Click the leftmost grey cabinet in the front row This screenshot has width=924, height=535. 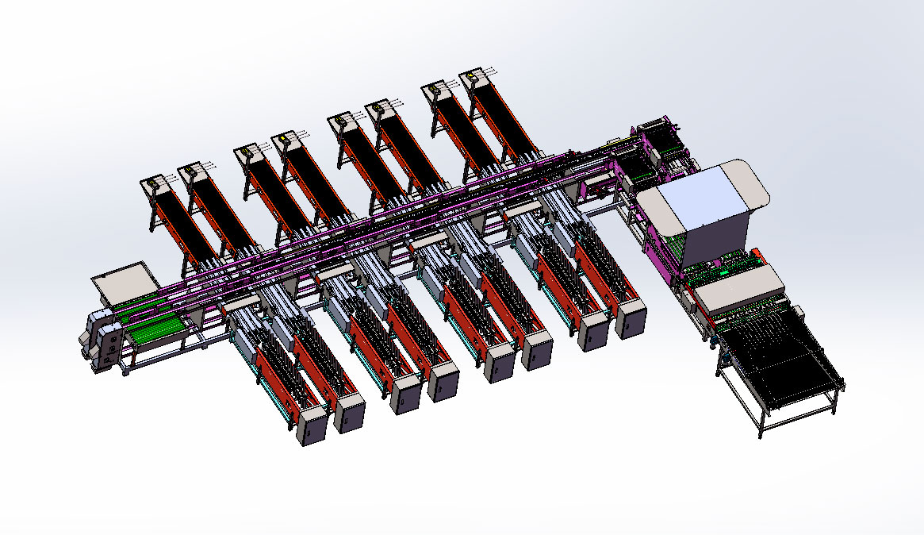tap(310, 425)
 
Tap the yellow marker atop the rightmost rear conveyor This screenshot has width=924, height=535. tap(471, 75)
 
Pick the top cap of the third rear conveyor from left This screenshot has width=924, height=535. tap(247, 150)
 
